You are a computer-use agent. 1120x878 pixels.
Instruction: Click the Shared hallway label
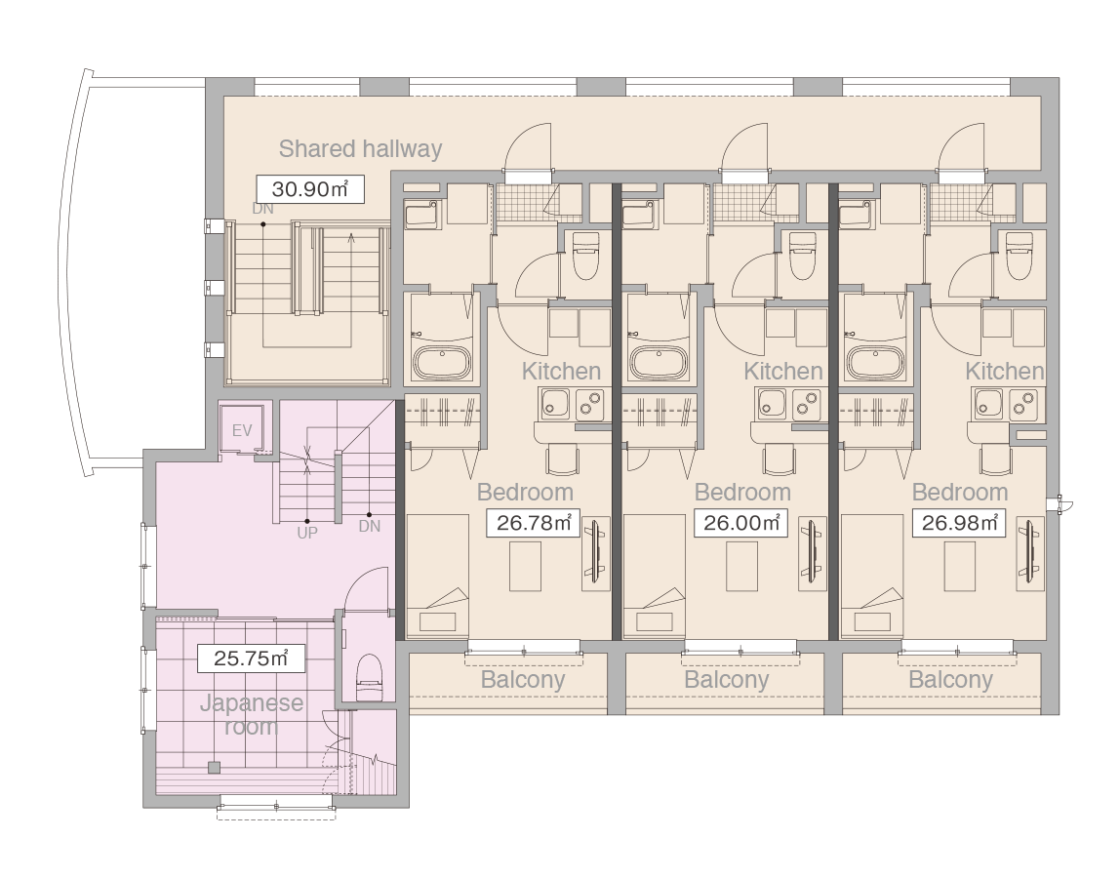click(360, 148)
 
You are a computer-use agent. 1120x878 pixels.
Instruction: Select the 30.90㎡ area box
click(310, 189)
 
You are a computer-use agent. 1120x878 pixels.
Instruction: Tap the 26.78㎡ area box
click(533, 523)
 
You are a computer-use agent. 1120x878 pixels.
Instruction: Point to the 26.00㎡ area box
click(740, 523)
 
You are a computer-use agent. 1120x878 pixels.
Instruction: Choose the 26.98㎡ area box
click(959, 523)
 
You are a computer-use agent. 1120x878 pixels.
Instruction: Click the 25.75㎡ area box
click(250, 658)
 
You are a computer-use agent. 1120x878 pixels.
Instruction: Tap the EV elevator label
click(242, 430)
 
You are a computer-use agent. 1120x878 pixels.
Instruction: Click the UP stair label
click(307, 533)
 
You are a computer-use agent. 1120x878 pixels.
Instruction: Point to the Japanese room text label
click(252, 714)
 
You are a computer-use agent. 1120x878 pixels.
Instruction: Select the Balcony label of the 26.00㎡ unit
click(727, 679)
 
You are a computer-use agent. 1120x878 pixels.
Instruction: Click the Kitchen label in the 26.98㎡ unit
click(1004, 371)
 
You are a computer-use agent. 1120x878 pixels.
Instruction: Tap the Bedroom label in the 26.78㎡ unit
click(525, 493)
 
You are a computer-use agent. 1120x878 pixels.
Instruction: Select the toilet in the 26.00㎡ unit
click(802, 255)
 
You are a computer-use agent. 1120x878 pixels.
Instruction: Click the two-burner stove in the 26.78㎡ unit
click(590, 404)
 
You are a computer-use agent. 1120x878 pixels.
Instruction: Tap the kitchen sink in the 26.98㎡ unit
click(988, 404)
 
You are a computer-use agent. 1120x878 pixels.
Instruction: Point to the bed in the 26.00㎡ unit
click(655, 577)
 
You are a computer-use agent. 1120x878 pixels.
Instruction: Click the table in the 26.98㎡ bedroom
click(960, 567)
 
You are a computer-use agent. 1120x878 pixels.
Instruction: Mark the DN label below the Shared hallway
click(262, 210)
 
